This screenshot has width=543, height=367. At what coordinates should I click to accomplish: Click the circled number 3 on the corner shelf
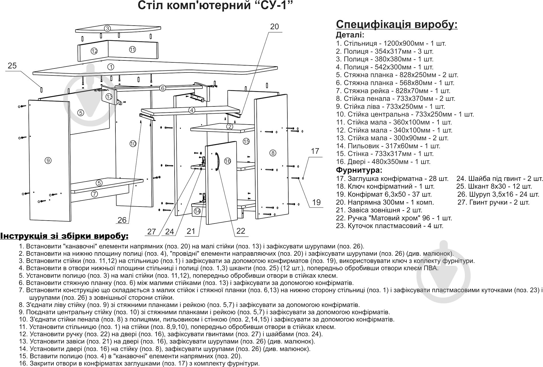(107, 28)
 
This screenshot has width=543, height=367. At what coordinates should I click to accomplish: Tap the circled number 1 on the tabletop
(111, 67)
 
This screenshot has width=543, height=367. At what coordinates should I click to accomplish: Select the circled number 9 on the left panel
(48, 160)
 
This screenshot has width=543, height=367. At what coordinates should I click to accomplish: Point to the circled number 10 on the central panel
(132, 144)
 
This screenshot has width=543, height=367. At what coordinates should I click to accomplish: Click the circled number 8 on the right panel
(273, 153)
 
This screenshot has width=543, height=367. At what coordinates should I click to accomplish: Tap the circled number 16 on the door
(227, 161)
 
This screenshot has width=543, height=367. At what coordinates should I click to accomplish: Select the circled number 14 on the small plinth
(197, 211)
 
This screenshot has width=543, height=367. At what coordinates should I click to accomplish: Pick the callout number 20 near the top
(274, 27)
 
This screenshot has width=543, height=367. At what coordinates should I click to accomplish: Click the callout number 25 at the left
(12, 66)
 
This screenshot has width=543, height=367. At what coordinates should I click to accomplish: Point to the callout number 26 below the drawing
(122, 220)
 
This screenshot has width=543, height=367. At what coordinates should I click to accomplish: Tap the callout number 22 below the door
(241, 231)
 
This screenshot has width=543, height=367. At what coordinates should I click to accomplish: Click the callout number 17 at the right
(315, 151)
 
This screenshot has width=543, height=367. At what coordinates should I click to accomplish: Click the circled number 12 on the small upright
(94, 51)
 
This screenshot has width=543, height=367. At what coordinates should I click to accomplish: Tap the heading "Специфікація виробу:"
(397, 25)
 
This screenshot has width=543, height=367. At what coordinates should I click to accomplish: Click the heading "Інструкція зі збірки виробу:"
(64, 236)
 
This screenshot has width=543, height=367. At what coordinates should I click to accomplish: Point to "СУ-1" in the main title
(270, 5)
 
